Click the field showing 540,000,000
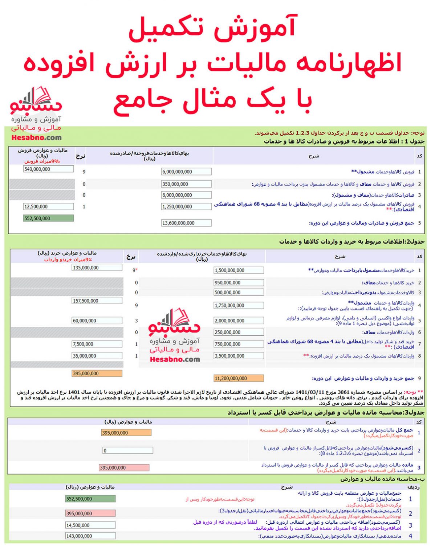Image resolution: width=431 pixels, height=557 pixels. coord(48,169)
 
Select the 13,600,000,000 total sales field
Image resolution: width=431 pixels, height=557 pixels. coord(186,223)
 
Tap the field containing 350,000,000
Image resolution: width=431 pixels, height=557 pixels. coord(186,184)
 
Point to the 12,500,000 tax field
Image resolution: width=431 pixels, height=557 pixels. coord(48,207)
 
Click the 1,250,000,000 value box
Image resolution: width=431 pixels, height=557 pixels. coord(186,207)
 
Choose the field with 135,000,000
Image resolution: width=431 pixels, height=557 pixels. coord(97,268)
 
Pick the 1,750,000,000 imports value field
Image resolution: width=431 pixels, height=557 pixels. coord(239,306)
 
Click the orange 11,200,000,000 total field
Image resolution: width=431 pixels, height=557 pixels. coord(239,378)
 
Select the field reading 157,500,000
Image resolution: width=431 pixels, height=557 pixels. coord(97,301)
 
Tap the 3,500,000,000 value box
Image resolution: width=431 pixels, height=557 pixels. coord(239,356)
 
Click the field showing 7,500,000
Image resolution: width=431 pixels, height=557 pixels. coord(97,344)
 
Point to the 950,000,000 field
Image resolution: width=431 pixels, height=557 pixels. coord(239,282)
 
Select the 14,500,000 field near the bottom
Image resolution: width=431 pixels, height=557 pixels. coord(90,525)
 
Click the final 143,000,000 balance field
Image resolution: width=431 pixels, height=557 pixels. coord(90,536)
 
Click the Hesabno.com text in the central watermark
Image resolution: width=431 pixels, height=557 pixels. coord(175,359)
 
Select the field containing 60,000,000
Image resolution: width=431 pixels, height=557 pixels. coord(97,321)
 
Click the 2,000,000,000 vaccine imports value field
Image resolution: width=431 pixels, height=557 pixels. coord(239,321)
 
